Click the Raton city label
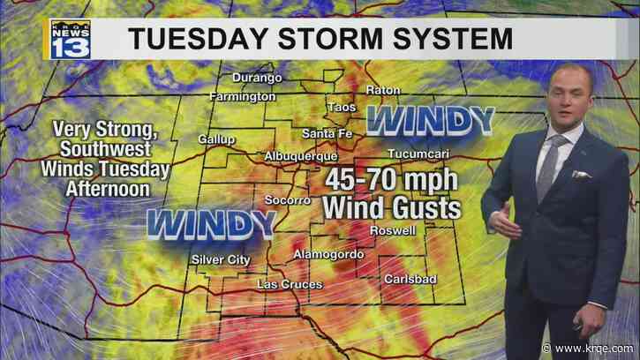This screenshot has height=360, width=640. click(385, 90)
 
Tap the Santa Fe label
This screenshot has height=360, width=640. click(327, 133)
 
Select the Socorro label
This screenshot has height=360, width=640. click(288, 200)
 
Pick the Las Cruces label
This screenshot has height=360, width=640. click(285, 284)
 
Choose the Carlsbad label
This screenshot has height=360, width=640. click(409, 279)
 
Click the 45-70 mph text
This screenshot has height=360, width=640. click(390, 181)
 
